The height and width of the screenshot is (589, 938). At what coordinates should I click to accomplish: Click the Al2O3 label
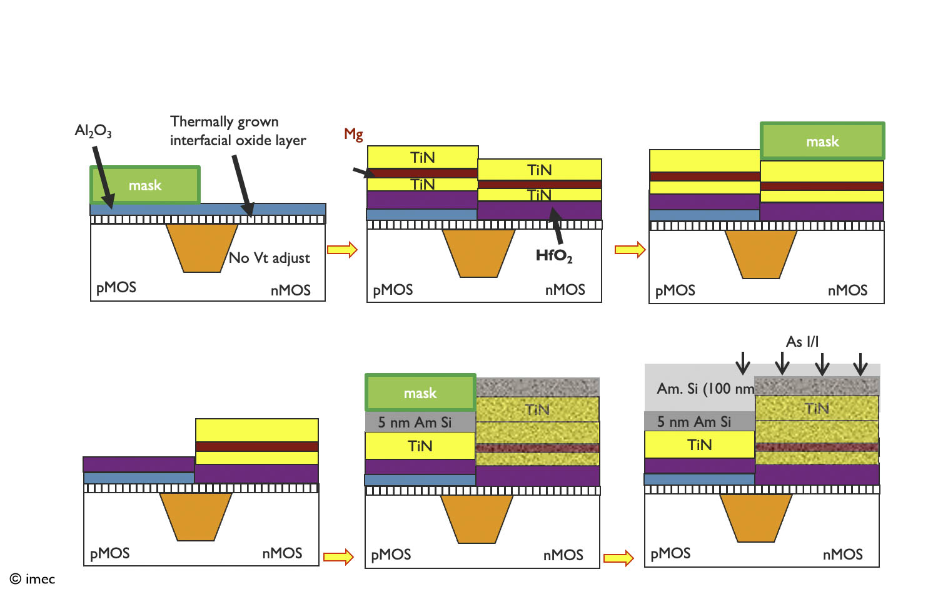93,131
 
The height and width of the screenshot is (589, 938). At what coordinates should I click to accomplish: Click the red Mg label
353,135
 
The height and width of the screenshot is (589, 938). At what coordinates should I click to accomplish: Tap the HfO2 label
554,255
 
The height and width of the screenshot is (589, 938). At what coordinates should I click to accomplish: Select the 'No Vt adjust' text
270,258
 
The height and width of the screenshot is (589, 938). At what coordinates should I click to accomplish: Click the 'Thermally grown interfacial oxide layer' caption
238,131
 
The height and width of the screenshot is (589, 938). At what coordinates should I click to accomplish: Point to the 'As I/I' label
802,342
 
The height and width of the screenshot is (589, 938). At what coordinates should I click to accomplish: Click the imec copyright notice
33,579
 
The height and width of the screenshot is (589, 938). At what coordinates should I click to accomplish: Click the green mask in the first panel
145,185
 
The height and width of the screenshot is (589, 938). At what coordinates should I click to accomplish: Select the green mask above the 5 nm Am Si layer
420,393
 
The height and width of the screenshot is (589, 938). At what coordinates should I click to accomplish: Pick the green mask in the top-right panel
822,141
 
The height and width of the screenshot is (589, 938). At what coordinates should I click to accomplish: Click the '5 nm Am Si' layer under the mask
415,423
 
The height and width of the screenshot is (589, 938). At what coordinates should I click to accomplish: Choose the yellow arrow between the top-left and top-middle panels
342,250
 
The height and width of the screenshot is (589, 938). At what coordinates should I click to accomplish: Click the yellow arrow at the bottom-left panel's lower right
338,556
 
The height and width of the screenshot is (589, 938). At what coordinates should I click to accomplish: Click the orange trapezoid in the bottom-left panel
196,517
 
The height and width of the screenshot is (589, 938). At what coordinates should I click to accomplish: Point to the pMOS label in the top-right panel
675,290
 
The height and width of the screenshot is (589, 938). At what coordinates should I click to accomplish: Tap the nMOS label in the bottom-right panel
842,555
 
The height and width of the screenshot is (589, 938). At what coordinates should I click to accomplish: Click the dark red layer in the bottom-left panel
257,446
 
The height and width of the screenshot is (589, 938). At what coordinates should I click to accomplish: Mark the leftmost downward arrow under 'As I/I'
742,363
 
